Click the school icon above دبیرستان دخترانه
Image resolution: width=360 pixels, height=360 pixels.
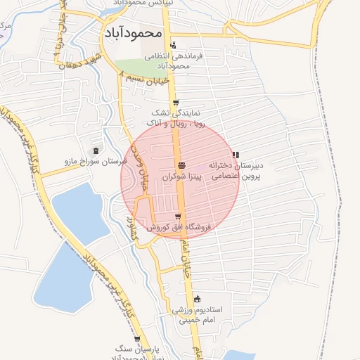(x=235, y=154)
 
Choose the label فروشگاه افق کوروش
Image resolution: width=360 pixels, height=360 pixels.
(x=179, y=228)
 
